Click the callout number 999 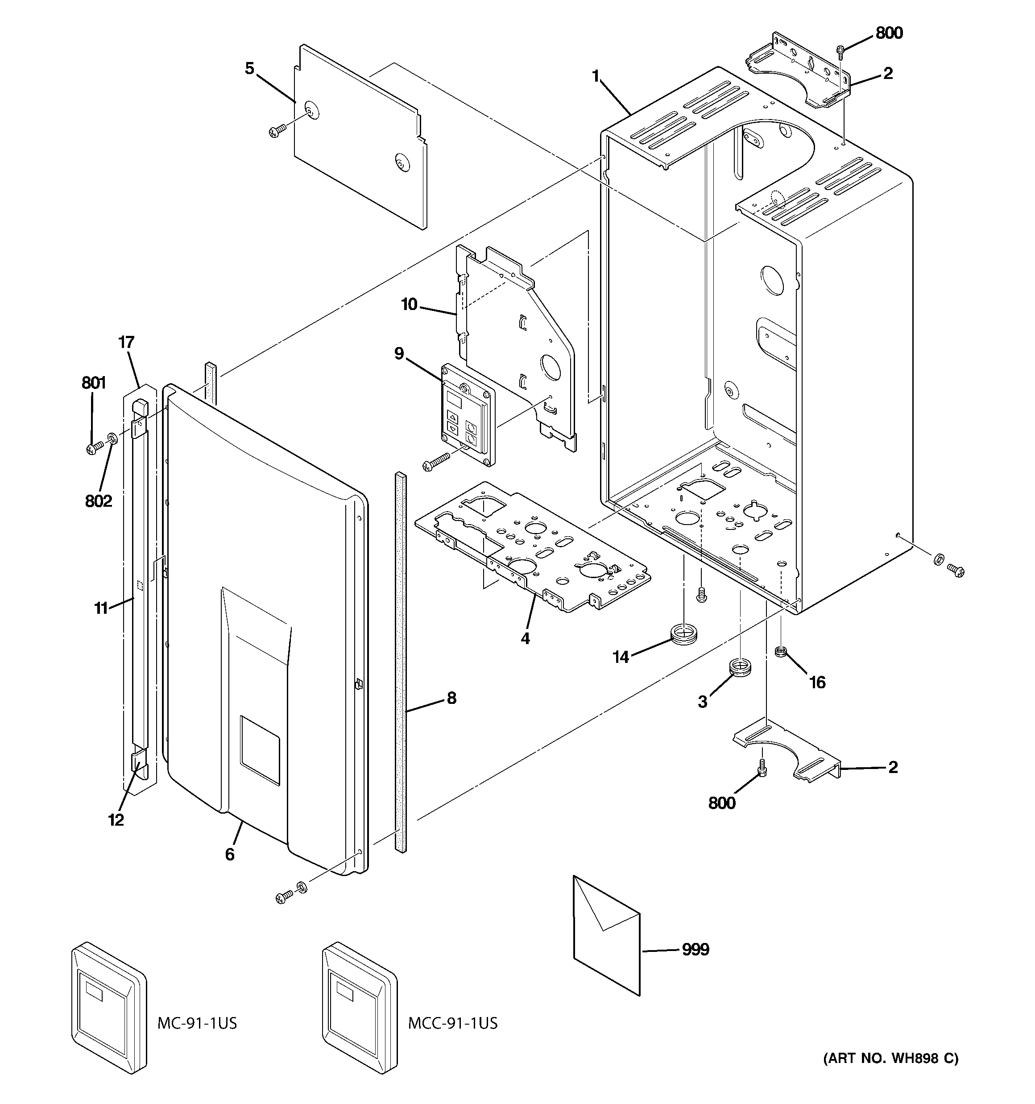695,950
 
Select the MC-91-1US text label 197,1023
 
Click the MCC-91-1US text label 453,1023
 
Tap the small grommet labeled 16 781,650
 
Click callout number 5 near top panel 249,69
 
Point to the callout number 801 93,383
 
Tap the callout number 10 410,304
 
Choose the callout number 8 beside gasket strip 451,698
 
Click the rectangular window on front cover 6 260,750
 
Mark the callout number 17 126,342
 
